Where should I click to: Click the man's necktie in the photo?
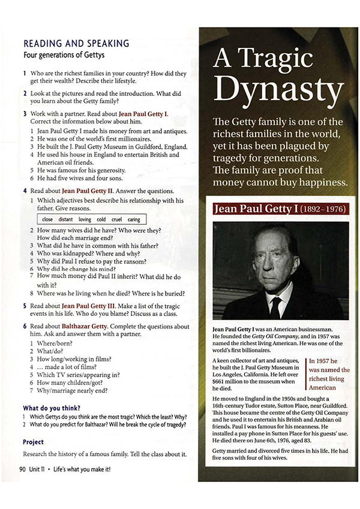275,307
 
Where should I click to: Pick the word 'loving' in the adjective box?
85,220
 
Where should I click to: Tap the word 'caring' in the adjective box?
133,220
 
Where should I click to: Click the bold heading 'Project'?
33,442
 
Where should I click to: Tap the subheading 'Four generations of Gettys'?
63,55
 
